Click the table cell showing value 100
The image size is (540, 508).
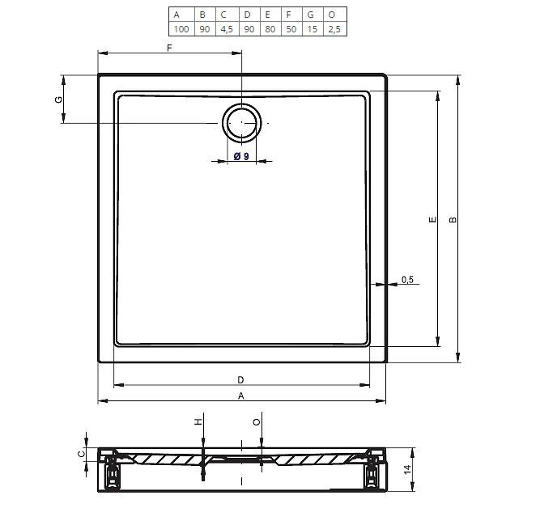(x=181, y=29)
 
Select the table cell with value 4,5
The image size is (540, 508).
(x=227, y=29)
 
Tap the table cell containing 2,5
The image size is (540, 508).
(x=334, y=29)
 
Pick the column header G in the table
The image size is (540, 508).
(x=311, y=15)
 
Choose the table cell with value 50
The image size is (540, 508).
(x=291, y=29)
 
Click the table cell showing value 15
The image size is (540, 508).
(x=313, y=29)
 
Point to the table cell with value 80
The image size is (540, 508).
(x=270, y=29)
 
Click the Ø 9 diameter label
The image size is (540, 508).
(x=241, y=157)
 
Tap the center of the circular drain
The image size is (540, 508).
(x=242, y=122)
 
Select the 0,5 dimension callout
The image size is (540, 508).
(x=407, y=279)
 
